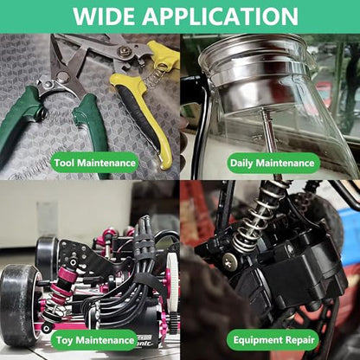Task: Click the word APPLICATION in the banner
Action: [221, 16]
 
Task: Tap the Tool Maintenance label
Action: [95, 163]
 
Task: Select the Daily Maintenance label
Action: [273, 163]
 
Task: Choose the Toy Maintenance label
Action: [95, 340]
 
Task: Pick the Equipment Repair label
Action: [273, 340]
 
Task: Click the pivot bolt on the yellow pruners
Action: [125, 52]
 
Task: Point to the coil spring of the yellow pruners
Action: [153, 76]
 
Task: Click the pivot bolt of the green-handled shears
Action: [62, 76]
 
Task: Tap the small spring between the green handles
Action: [42, 111]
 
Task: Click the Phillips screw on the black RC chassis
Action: [229, 262]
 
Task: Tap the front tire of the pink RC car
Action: [18, 305]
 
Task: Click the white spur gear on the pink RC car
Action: [172, 284]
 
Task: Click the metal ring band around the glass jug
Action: [260, 72]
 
